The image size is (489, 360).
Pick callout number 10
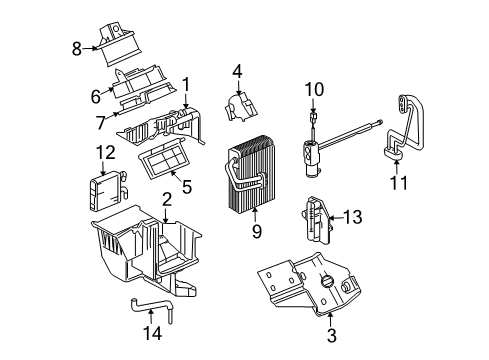(x=315, y=90)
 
